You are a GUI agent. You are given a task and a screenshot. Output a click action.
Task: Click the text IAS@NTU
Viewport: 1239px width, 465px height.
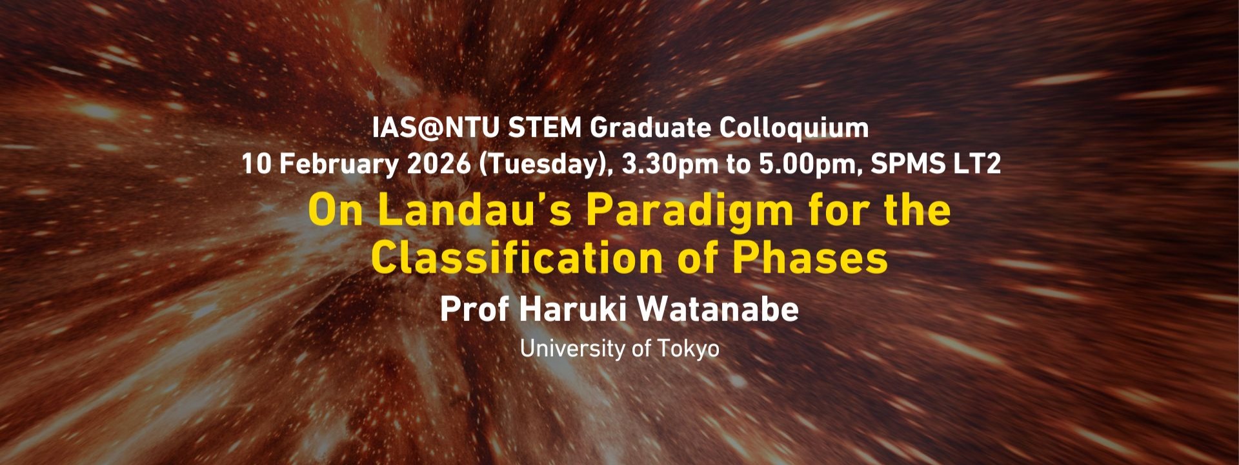(436, 128)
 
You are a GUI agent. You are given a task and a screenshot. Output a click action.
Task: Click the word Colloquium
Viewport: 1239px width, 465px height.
(794, 129)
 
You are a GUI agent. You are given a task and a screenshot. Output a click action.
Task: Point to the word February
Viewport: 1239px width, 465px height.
(339, 164)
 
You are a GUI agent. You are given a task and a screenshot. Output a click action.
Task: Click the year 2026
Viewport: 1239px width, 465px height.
(439, 164)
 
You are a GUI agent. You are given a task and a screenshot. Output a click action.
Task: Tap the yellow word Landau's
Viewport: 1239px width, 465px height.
(474, 211)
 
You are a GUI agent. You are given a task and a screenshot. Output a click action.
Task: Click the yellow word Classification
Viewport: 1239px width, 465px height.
(517, 258)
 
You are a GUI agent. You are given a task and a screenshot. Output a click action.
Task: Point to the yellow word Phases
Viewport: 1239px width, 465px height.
(810, 258)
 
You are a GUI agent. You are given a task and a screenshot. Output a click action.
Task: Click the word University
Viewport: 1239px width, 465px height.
(572, 349)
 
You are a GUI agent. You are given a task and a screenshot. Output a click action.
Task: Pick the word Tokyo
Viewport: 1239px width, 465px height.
(689, 349)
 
